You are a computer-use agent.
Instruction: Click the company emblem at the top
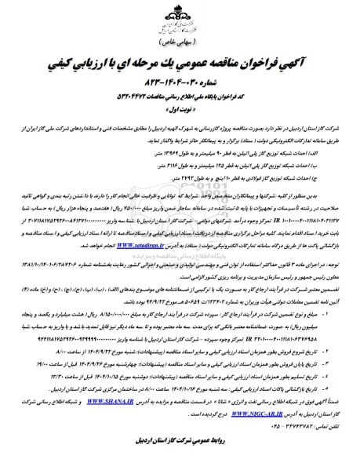pos(179,16)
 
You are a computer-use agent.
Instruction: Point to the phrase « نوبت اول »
pos(180,113)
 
